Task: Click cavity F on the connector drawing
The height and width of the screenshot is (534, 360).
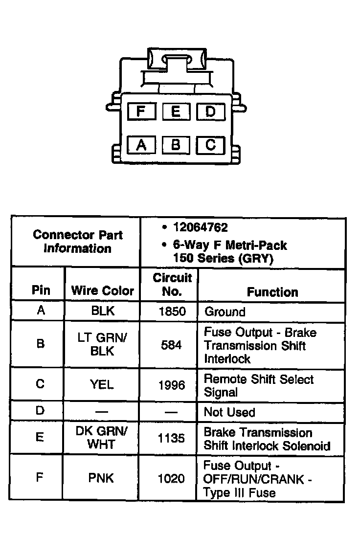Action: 141,112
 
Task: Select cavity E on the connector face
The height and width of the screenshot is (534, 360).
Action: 176,112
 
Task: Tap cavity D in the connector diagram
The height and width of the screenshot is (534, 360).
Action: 210,112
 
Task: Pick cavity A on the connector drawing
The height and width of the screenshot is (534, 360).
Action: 141,145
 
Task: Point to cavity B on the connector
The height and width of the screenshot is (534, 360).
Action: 176,145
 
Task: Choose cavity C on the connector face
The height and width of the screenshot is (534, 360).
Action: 210,145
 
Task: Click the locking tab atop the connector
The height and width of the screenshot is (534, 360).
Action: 176,61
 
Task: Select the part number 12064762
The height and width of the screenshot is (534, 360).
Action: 201,227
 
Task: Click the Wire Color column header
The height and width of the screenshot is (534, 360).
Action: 102,290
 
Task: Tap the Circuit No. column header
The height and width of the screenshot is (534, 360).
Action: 172,285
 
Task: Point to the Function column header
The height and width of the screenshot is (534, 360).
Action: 272,292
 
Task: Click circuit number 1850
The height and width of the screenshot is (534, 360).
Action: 172,311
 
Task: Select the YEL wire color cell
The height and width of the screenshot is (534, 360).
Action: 102,384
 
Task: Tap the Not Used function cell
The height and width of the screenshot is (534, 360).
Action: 229,412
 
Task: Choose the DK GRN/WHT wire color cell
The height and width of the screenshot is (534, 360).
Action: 102,438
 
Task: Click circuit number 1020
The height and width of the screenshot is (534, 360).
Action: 171,478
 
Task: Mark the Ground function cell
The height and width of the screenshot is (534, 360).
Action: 225,311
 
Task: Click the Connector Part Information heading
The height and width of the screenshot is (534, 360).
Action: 77,241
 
